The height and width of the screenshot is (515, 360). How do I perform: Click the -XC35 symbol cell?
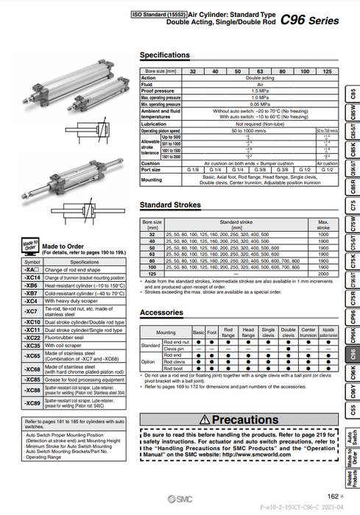pyautogui.click(x=32, y=344)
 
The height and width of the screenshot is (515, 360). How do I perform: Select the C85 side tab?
pyautogui.click(x=353, y=96)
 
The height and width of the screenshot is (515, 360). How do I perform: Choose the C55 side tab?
pyautogui.click(x=353, y=409)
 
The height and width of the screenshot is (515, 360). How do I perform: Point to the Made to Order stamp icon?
pyautogui.click(x=29, y=246)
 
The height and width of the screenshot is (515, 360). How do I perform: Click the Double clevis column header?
pyautogui.click(x=289, y=332)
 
